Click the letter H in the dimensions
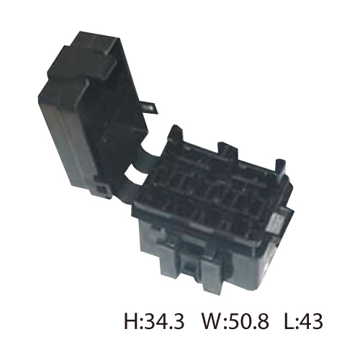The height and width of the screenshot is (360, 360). [x=131, y=321]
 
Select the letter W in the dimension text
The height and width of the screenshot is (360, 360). [x=212, y=321]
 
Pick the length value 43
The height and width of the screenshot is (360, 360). [x=310, y=321]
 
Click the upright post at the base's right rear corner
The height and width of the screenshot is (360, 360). [x=281, y=169]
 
